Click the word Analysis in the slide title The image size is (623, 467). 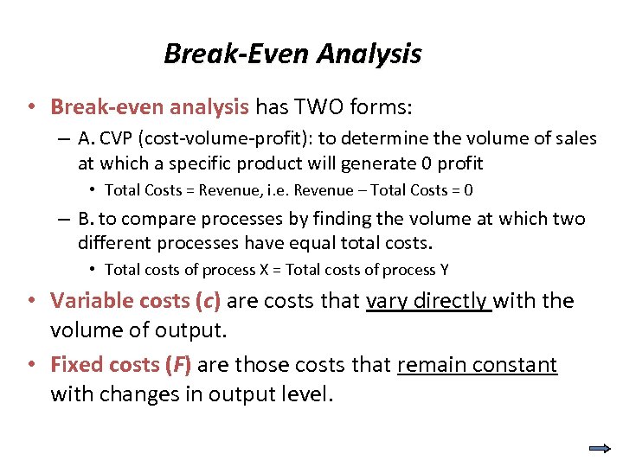(369, 54)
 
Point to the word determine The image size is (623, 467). (375, 139)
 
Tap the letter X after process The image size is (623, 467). (263, 270)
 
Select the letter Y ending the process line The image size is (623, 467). (445, 270)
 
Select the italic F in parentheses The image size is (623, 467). (179, 365)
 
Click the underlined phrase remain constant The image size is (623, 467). (477, 365)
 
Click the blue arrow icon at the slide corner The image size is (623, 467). (599, 448)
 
